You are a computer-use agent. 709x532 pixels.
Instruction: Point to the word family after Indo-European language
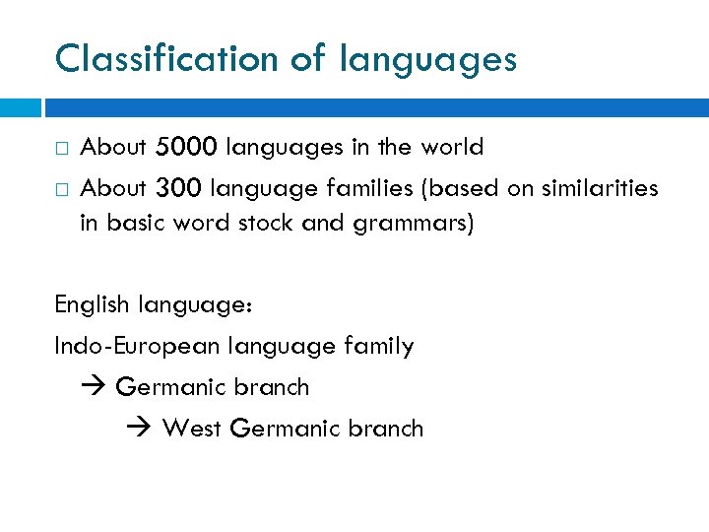[x=380, y=347]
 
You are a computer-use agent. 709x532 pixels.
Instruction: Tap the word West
[x=192, y=429]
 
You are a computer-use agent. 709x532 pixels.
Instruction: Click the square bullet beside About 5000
[x=62, y=149]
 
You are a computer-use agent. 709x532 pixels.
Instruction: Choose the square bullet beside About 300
[x=62, y=188]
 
